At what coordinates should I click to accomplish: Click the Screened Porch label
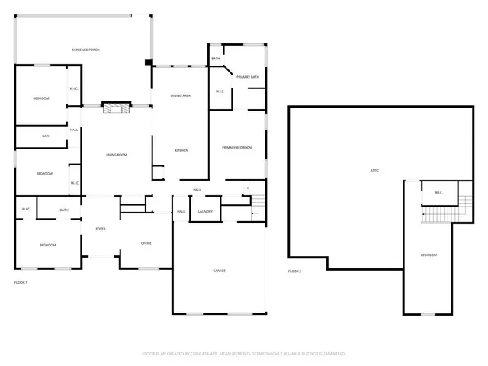point(86,50)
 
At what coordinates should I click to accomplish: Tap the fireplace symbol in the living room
point(116,108)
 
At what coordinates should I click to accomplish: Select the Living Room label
point(117,155)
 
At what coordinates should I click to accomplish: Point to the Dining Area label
point(181,95)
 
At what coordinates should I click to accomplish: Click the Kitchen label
point(181,150)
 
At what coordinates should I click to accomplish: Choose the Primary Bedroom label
point(237,147)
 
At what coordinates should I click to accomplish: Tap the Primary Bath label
point(246,77)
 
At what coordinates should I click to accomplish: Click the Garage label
point(219,271)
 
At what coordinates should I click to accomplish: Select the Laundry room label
point(204,211)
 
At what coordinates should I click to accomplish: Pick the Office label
point(146,243)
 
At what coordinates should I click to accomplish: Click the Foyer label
point(100,229)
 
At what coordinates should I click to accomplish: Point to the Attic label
point(374,170)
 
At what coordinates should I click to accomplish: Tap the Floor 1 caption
point(21,283)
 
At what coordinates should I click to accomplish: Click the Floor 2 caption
point(294,271)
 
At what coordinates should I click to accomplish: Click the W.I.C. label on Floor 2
point(438,193)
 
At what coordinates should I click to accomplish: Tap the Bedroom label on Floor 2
point(429,255)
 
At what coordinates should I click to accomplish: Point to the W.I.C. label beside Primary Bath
point(219,92)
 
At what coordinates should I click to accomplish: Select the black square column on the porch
point(149,63)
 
